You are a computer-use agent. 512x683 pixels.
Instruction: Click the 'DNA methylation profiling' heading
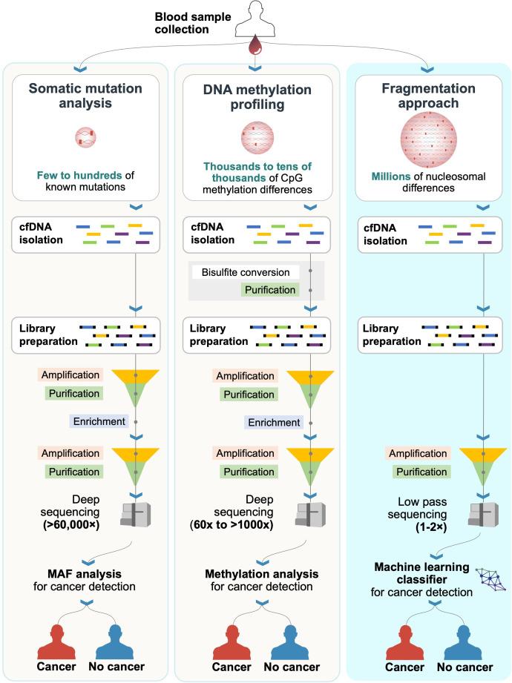256,97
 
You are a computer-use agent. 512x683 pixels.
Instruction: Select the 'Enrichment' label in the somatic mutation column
99,421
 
